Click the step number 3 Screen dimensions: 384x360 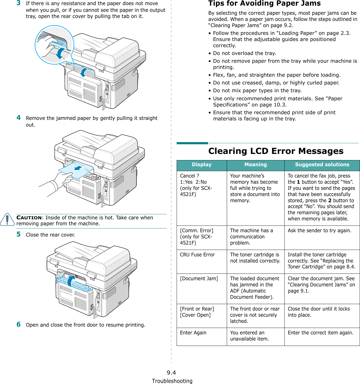(18, 3)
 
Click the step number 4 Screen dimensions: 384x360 (18, 117)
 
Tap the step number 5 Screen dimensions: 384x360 (18, 234)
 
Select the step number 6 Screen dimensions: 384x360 (18, 324)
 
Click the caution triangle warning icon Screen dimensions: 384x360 (7, 220)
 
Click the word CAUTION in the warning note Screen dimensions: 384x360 (29, 217)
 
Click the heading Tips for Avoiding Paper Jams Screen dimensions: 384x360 (264, 3)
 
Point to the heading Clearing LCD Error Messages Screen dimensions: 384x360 (276, 151)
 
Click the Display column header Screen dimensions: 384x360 (202, 165)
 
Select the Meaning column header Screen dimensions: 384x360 (255, 165)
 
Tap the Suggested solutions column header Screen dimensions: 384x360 (322, 165)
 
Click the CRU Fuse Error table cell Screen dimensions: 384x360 (197, 255)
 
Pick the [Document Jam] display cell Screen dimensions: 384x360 (199, 279)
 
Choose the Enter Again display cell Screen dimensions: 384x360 (193, 333)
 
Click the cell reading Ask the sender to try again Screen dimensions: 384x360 (319, 231)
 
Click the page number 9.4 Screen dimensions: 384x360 (171, 372)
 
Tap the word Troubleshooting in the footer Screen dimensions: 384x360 (172, 381)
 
